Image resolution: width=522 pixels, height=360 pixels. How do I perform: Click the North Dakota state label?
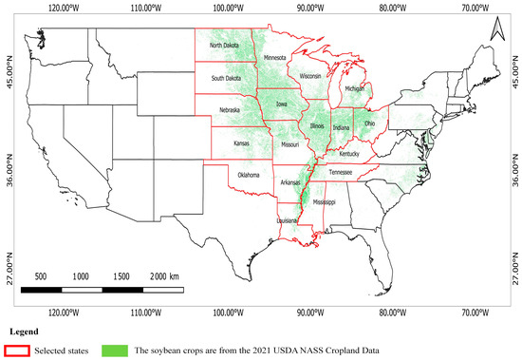[225, 45]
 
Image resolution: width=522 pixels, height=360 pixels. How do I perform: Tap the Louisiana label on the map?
[288, 220]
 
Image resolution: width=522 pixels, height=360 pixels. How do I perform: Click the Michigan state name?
[354, 88]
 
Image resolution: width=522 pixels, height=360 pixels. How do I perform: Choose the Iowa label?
[281, 104]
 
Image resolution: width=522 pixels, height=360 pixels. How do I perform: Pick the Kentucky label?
[349, 153]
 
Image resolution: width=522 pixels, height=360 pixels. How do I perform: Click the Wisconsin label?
[309, 75]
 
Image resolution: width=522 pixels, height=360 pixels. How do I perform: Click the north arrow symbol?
[494, 33]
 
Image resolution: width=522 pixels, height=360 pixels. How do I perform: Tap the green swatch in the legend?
[113, 351]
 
